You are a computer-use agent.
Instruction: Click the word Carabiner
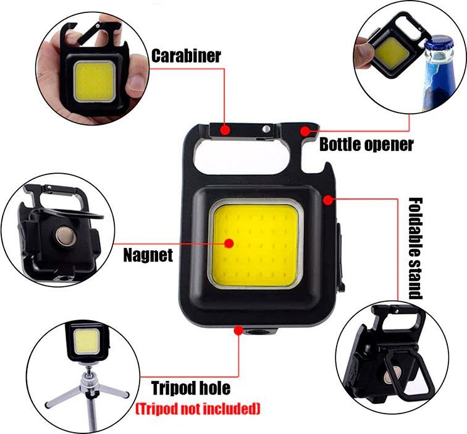tap(186, 56)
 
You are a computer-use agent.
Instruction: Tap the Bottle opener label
tap(366, 145)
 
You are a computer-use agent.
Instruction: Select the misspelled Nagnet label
tap(148, 255)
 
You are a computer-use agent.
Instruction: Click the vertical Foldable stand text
tap(415, 249)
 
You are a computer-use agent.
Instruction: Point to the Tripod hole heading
tap(191, 388)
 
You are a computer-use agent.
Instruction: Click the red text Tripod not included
tap(198, 409)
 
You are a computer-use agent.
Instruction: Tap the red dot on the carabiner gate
tap(225, 130)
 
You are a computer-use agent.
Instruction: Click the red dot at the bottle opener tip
tap(305, 131)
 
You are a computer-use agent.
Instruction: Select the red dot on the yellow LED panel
tap(229, 244)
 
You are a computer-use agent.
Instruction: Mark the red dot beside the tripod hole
tap(238, 330)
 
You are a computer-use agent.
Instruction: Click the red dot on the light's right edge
tap(328, 200)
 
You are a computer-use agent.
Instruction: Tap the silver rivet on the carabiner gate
tap(266, 129)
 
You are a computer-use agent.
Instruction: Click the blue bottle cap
tap(439, 44)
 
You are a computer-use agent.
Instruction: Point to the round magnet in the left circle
tap(65, 236)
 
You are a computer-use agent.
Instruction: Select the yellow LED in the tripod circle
tap(86, 342)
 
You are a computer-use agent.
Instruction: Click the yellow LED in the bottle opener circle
tap(392, 53)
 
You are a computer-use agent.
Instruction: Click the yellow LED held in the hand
tap(94, 82)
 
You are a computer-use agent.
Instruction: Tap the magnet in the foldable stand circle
tap(392, 376)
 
